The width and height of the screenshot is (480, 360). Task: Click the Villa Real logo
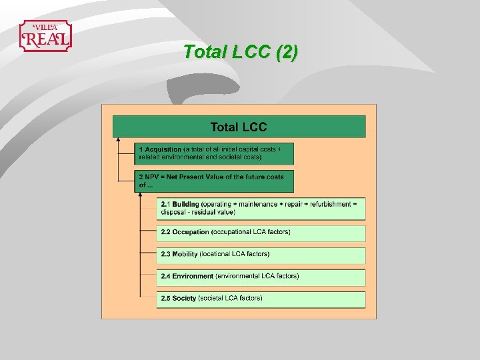(45, 36)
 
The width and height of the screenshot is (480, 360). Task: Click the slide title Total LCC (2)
(240, 52)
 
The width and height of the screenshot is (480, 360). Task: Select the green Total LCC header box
(239, 127)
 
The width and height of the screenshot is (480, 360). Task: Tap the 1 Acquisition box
(214, 153)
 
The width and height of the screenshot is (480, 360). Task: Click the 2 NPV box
(214, 181)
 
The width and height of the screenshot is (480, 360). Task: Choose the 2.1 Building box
(261, 208)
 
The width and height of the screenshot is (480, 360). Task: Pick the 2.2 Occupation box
(261, 233)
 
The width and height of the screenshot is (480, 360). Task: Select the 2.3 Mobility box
(261, 254)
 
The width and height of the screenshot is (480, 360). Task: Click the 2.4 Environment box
(261, 276)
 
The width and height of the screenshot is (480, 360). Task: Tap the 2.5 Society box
(261, 298)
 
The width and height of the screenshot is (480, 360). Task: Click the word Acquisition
(163, 149)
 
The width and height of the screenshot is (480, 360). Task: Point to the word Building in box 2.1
(186, 204)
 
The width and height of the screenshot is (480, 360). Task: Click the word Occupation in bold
(191, 232)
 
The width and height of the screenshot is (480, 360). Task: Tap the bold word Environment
(193, 276)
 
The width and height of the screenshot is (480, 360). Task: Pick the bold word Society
(184, 298)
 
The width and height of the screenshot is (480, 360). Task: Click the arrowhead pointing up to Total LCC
(118, 140)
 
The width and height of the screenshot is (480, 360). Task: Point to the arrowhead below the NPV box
(141, 195)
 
